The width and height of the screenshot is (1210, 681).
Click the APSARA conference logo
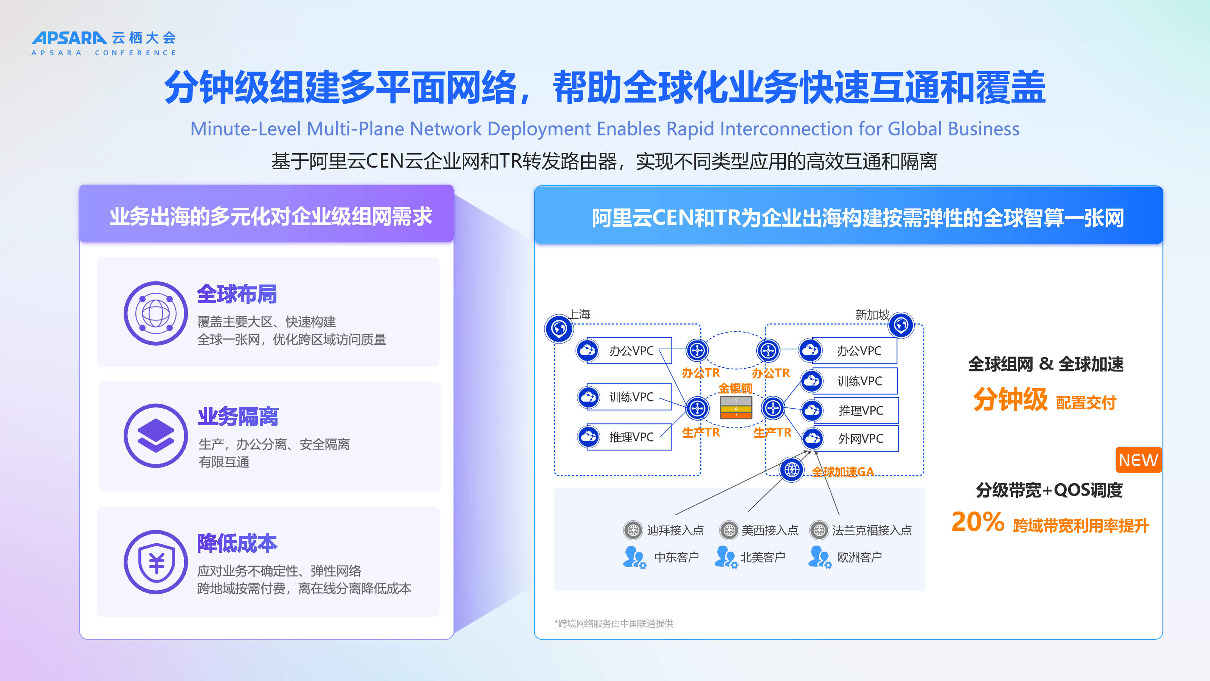pos(104,43)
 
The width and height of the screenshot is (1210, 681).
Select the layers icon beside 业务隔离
pos(155,436)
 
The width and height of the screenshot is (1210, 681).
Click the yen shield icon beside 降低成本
pos(155,562)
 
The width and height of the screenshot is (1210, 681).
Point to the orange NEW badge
pos(1139,460)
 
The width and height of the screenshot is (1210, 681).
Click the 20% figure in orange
pos(977,522)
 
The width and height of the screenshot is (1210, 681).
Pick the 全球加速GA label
pos(843,472)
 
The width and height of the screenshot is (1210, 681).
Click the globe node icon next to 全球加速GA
pos(792,470)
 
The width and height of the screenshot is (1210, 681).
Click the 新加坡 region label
pos(872,314)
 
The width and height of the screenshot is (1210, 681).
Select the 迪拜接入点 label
pos(675,530)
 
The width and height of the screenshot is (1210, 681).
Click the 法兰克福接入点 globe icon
pos(819,530)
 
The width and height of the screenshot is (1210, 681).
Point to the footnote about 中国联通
pos(614,623)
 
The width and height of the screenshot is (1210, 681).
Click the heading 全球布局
pos(237,294)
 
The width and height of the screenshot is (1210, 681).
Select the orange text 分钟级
pos(1010,400)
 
